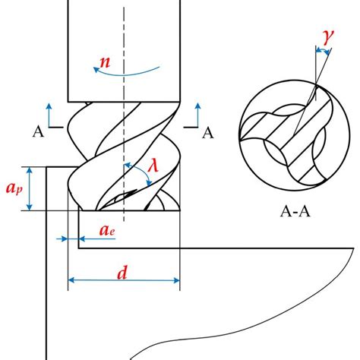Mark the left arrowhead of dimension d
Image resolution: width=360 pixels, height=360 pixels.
(71, 280)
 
